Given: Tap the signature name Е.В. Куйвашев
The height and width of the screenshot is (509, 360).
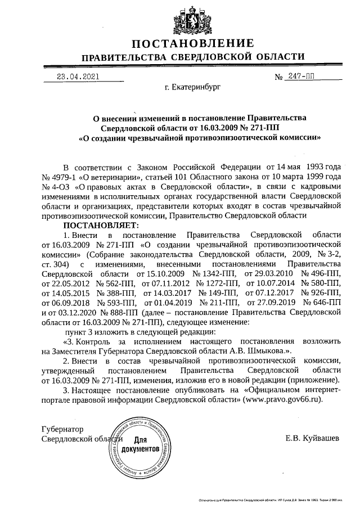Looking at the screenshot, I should click(312, 439).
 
